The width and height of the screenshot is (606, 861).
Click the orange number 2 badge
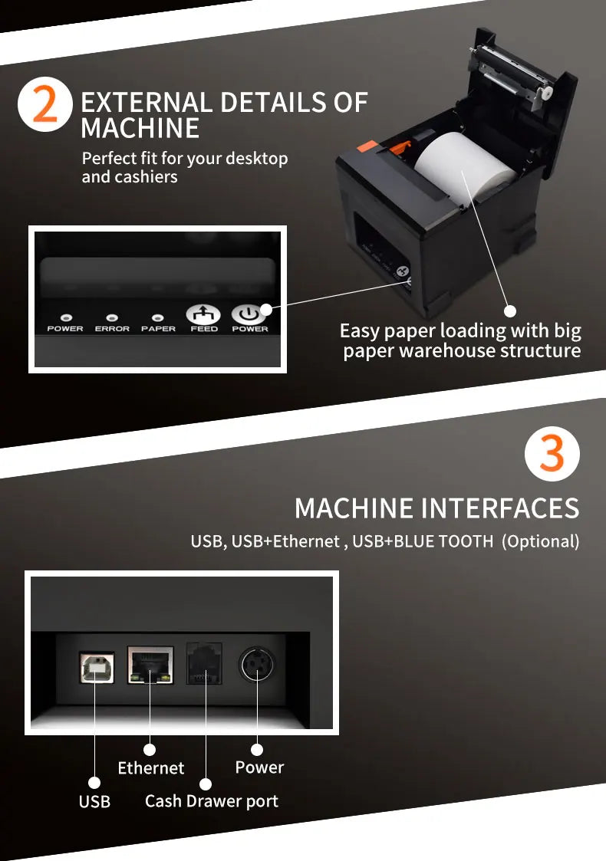[x=45, y=106]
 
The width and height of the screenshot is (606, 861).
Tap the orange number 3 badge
[x=552, y=455]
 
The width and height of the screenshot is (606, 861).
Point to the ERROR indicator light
[x=112, y=317]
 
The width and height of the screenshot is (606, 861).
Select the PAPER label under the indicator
[x=158, y=329]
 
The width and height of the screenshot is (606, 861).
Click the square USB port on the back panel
[x=95, y=667]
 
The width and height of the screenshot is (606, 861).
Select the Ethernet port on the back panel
[x=150, y=665]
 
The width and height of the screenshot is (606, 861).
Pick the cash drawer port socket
[x=204, y=663]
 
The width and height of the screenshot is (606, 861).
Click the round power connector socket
[x=256, y=664]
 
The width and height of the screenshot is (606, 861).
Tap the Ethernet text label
[x=151, y=767]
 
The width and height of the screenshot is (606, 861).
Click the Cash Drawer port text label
[x=211, y=801]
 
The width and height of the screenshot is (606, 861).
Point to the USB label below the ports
[x=94, y=802]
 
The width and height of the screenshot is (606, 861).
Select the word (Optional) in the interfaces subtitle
[x=540, y=541]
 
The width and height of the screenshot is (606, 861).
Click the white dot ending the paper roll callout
[x=510, y=311]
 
